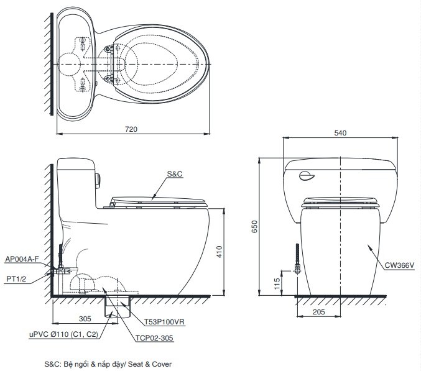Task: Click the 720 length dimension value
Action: [x=131, y=129]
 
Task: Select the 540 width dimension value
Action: [x=340, y=132]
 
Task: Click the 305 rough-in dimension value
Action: [x=85, y=318]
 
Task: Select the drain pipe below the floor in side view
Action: [x=113, y=307]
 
